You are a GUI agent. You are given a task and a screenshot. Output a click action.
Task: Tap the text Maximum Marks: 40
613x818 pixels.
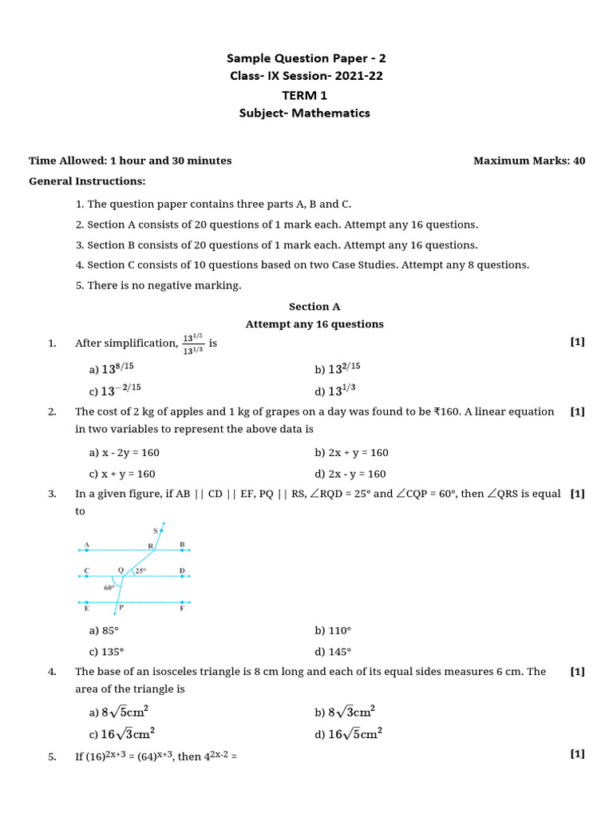click(x=528, y=161)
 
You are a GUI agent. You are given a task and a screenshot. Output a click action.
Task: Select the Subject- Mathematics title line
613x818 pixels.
click(x=304, y=113)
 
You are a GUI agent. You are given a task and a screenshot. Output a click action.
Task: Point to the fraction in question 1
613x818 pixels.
click(x=193, y=343)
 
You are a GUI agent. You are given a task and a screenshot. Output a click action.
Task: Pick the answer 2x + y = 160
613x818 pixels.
click(x=351, y=453)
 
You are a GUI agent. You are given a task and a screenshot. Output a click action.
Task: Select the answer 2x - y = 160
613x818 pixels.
click(x=350, y=474)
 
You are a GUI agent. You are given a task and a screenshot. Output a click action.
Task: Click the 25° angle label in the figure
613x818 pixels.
click(x=140, y=571)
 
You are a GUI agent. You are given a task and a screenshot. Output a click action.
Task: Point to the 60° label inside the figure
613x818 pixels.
click(x=109, y=587)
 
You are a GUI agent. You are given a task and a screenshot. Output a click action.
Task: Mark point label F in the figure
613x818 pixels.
click(x=183, y=608)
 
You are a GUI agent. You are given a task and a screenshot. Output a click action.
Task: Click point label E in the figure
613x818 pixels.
click(x=86, y=608)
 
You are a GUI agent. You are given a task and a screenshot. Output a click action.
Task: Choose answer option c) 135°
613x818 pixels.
click(x=107, y=651)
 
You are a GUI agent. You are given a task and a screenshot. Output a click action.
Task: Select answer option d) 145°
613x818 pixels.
click(x=333, y=651)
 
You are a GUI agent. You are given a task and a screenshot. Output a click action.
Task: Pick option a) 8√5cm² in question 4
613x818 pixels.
click(x=122, y=712)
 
